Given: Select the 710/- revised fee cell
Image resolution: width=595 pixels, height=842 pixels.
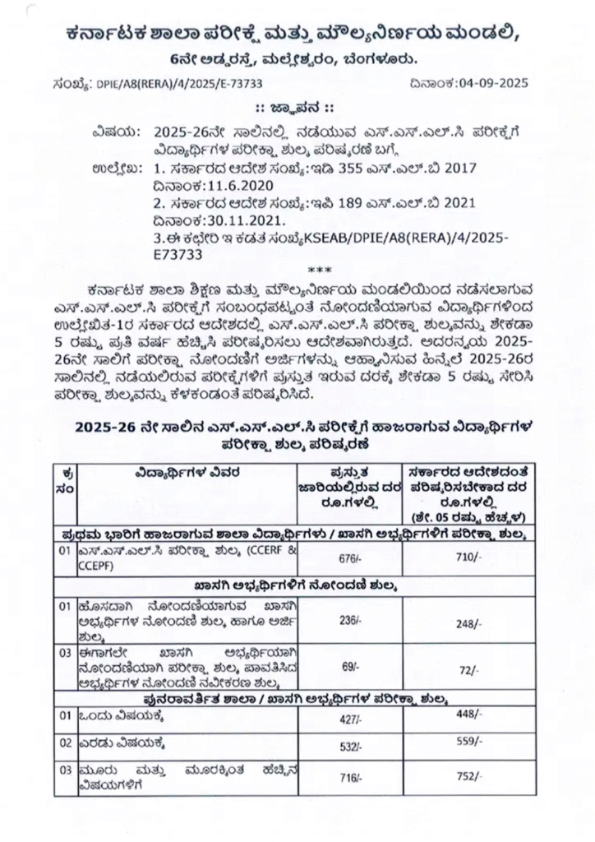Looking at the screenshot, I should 465,557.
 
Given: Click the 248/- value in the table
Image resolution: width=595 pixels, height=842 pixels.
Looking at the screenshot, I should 466,624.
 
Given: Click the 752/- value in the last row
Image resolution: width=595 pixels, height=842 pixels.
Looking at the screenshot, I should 467,775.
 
